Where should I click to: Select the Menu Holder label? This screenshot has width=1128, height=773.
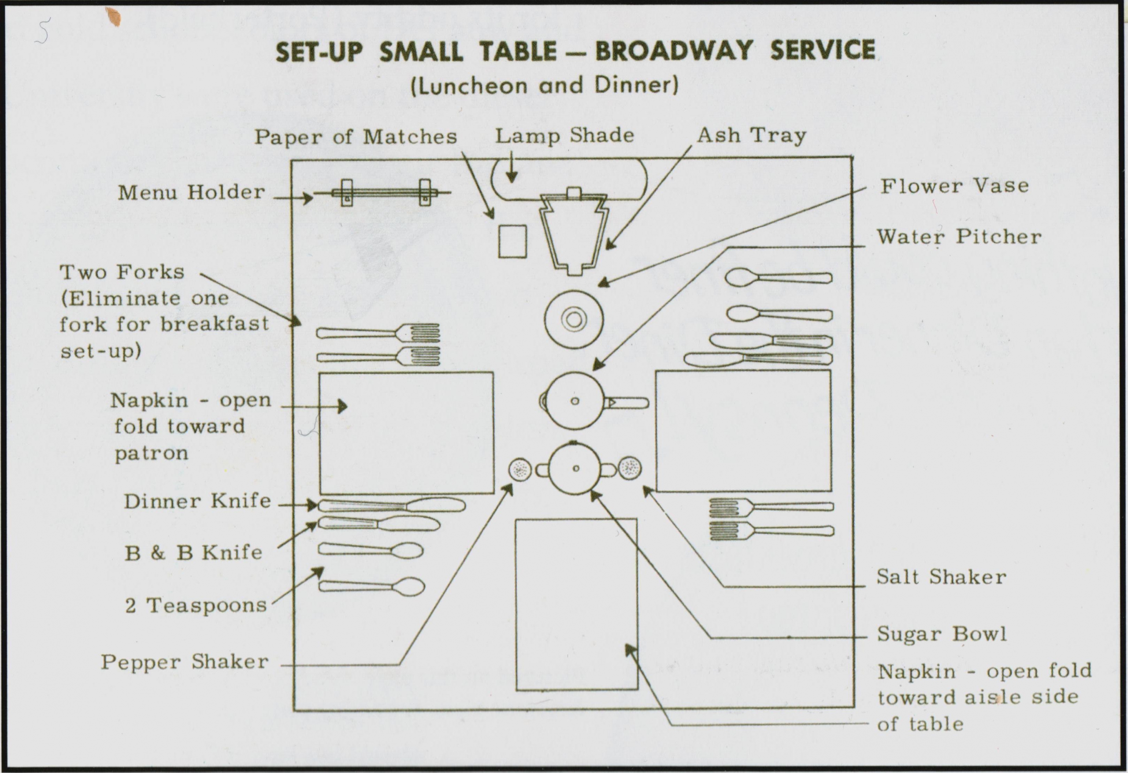(191, 193)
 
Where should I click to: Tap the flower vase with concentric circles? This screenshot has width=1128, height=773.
(574, 319)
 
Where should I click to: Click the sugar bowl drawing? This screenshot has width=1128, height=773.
(575, 468)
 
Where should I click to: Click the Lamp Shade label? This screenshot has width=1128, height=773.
(564, 135)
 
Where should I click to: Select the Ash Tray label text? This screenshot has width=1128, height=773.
(751, 135)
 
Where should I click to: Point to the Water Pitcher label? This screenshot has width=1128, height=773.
(959, 237)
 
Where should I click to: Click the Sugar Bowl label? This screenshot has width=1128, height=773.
(942, 634)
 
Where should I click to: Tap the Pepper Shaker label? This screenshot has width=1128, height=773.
(185, 662)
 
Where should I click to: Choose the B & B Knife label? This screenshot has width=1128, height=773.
(193, 553)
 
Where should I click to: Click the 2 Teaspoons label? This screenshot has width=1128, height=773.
(196, 606)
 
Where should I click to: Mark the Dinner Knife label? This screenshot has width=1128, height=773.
(197, 501)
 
